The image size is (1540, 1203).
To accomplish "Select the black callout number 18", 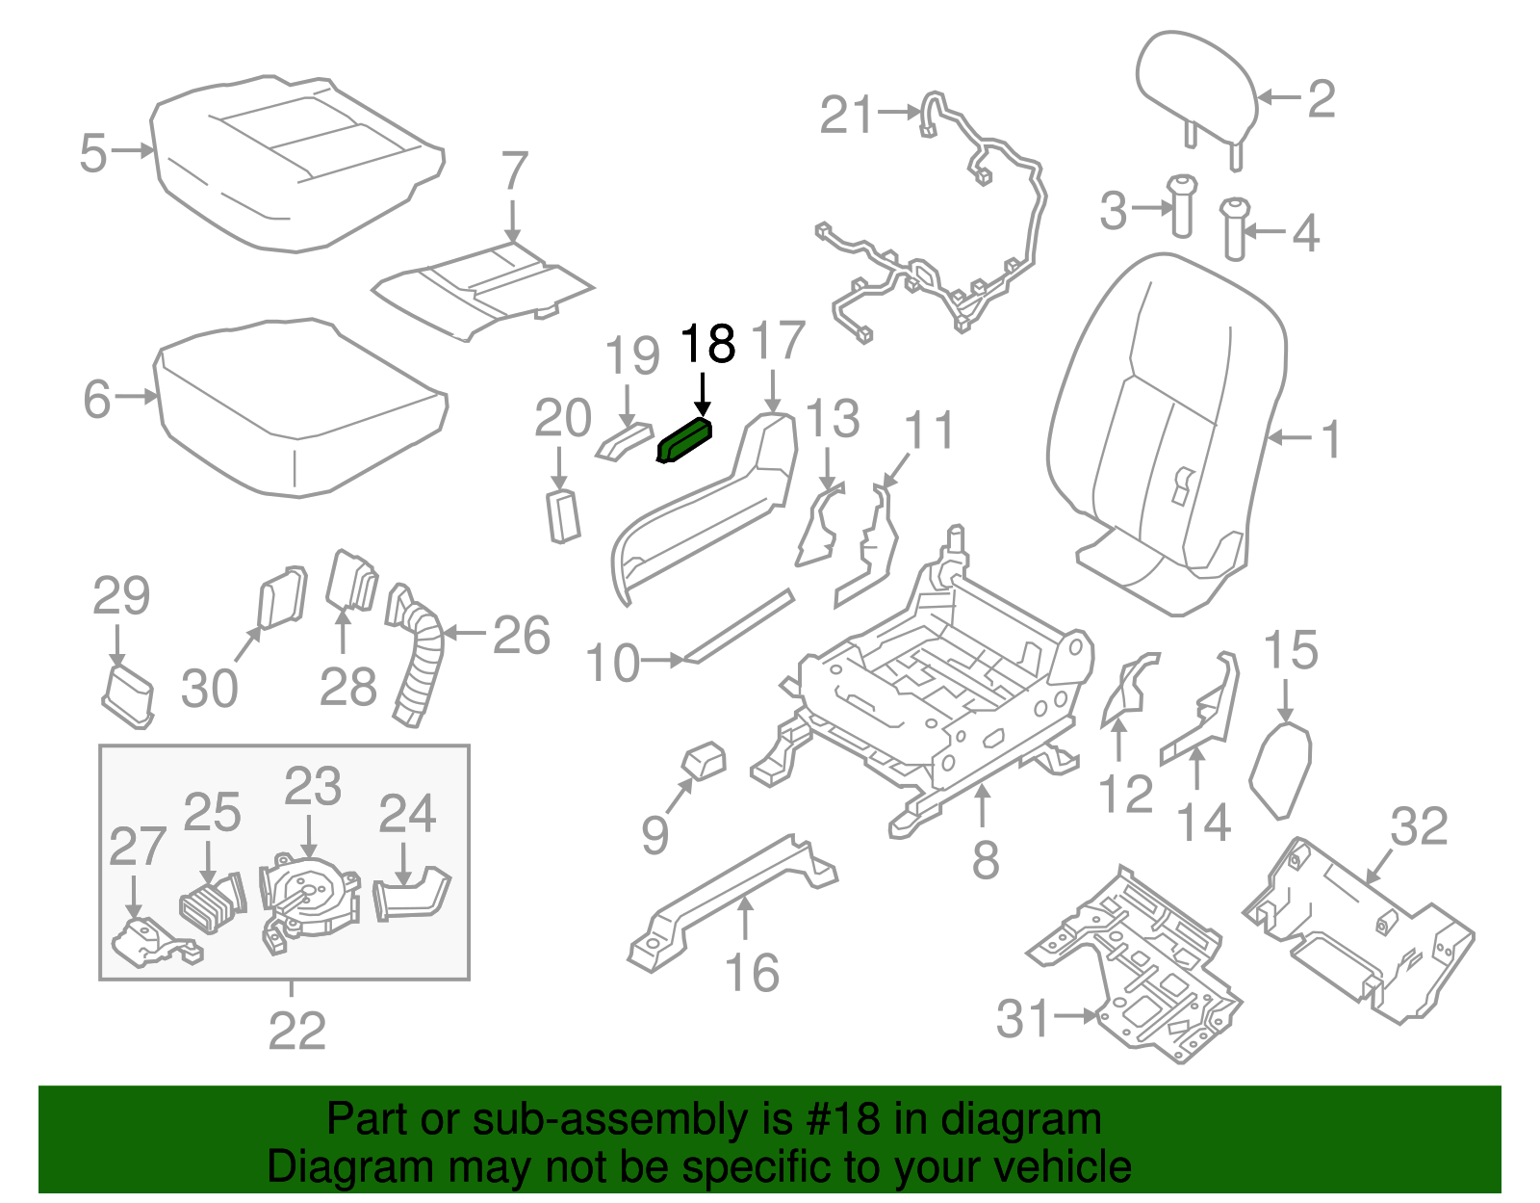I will pos(707,344).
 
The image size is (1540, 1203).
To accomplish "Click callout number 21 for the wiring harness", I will pos(846,115).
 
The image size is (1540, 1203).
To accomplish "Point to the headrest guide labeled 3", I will pos(1181,204).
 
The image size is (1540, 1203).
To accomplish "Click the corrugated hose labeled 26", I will pos(420,665).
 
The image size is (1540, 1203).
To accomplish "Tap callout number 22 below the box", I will pos(296,1032).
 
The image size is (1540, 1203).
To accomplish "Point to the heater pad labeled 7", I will pos(481,289).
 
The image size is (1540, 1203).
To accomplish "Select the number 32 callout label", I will pos(1418,826).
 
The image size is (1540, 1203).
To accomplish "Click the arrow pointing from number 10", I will pos(663,661).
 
